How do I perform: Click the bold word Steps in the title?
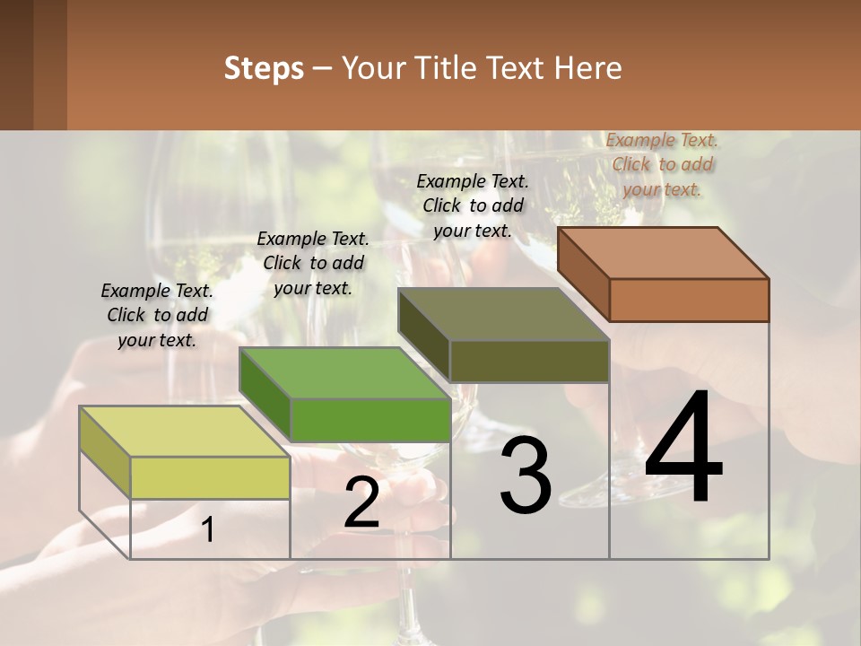[263, 68]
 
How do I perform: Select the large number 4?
[683, 450]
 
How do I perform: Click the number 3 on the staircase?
[526, 477]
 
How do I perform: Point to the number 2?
[361, 503]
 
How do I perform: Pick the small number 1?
[208, 530]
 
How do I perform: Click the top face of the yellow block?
[184, 432]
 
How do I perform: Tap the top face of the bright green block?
[344, 372]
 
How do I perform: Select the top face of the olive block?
[504, 314]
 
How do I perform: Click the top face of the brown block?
[663, 253]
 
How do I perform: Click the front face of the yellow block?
[210, 477]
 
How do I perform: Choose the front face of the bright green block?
[370, 419]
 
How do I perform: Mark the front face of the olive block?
[529, 361]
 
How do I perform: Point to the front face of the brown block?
[689, 300]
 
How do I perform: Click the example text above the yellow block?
[157, 315]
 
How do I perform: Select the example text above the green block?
[313, 263]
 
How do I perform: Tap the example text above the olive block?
[473, 205]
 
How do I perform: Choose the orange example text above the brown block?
[662, 164]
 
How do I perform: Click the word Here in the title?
[588, 68]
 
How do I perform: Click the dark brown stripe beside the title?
[16, 65]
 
